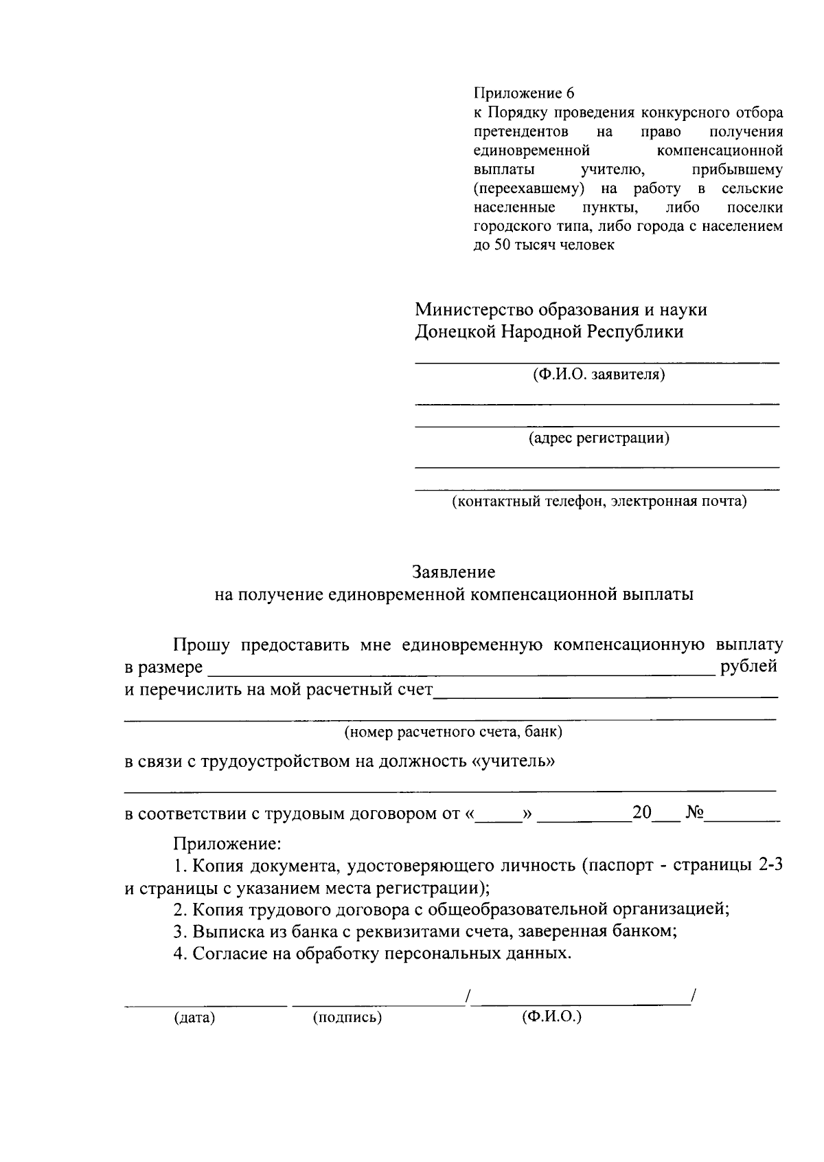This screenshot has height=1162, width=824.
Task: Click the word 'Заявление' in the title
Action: point(453,572)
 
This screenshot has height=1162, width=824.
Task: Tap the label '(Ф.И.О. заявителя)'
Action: point(598,375)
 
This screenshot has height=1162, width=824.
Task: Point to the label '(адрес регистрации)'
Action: point(598,438)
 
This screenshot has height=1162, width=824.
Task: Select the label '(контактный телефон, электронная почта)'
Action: point(598,501)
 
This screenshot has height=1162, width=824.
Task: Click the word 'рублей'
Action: point(748,666)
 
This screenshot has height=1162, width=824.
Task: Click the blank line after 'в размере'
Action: point(460,671)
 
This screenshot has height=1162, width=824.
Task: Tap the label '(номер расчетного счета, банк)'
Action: point(453,732)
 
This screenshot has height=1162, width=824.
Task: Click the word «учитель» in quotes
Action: point(514,761)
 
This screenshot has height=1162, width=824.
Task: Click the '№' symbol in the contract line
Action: point(695,814)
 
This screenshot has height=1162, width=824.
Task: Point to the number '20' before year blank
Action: point(641,813)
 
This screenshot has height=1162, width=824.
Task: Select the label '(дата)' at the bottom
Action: point(194,1018)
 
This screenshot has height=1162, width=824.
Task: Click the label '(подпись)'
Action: point(347,1018)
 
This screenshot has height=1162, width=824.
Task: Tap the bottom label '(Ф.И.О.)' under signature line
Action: point(551,1016)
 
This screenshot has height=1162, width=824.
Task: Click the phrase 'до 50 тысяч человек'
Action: point(544,245)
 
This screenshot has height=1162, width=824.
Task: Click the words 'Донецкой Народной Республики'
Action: point(549,332)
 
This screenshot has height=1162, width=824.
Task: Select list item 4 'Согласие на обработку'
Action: point(371,954)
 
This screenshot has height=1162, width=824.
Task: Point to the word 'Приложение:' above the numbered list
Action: point(227,842)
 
